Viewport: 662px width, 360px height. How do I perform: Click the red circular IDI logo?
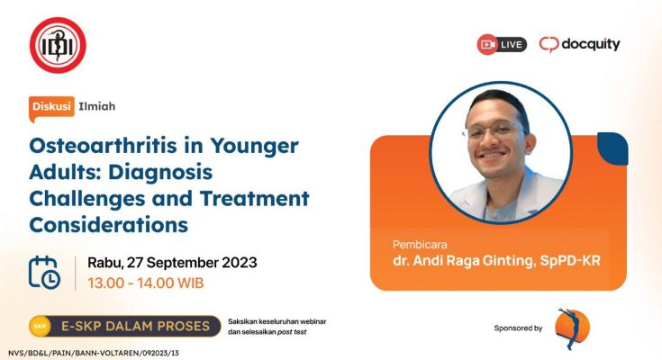(58, 45)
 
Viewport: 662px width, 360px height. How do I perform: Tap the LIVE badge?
(502, 44)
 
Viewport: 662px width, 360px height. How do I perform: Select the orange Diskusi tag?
(51, 107)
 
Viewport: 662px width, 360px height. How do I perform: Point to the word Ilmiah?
(96, 106)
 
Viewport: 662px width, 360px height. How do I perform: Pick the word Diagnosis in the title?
(160, 172)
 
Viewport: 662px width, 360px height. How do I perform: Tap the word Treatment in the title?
(255, 198)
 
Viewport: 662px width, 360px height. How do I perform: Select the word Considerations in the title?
(108, 224)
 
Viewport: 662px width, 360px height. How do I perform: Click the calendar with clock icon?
(44, 272)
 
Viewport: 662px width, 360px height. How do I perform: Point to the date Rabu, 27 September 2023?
(172, 263)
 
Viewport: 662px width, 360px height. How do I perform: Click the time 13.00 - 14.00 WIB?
(146, 283)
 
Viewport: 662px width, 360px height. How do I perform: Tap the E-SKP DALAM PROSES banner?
(125, 326)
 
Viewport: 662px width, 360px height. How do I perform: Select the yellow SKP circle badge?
(40, 326)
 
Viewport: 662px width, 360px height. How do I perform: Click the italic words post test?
(292, 332)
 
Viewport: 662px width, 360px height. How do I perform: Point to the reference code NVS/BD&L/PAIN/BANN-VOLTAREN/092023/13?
(94, 353)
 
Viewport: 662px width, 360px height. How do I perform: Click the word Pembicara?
(420, 245)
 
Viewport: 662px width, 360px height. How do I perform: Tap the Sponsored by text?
(518, 328)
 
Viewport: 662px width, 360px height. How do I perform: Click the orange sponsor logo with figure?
(572, 328)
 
